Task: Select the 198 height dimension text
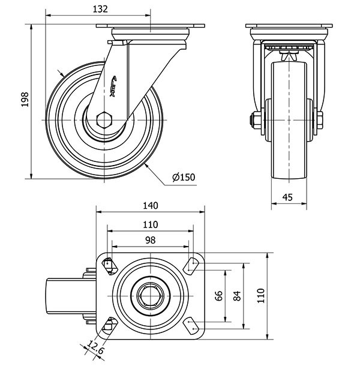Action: coord(25,100)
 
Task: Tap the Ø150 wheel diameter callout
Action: coord(184,177)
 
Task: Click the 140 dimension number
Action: coord(150,206)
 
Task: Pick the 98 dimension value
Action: coord(150,239)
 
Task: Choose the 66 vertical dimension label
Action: coord(219,295)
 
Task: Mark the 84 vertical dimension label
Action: coord(237,295)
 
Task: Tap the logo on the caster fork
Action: coord(115,83)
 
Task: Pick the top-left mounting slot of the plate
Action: coord(109,264)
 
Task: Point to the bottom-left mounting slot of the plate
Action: coord(109,326)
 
